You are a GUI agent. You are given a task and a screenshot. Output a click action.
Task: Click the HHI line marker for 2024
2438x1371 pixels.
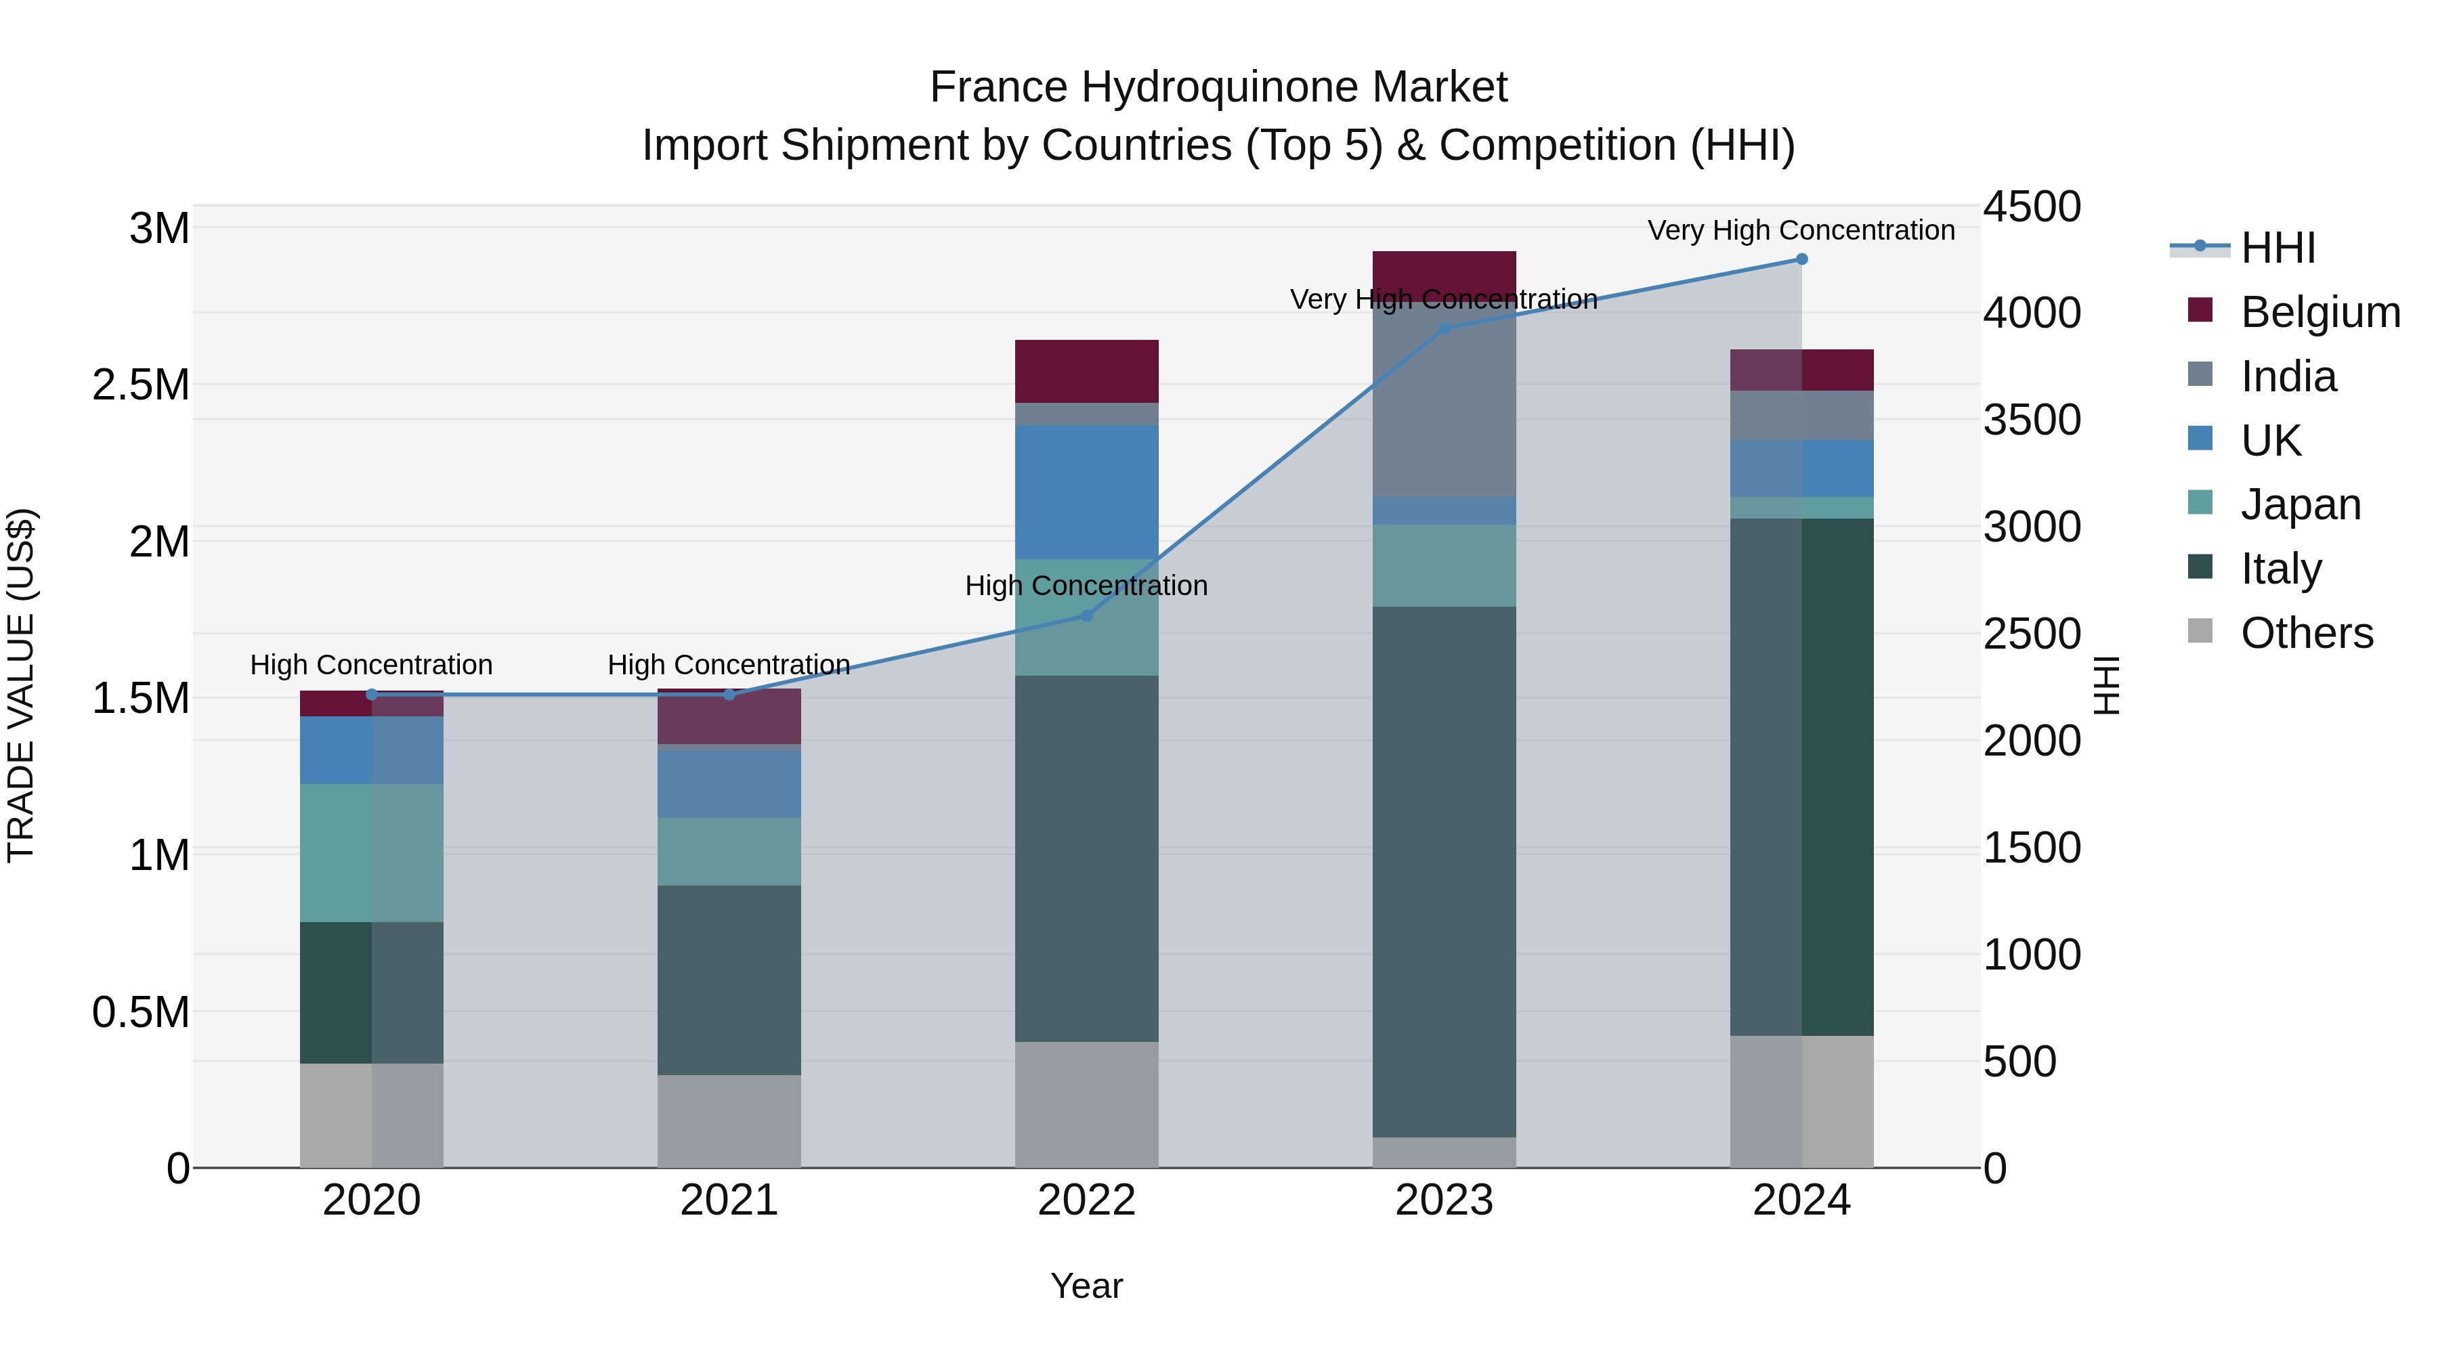[1801, 259]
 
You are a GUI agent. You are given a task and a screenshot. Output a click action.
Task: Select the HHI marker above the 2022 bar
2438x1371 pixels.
[1086, 616]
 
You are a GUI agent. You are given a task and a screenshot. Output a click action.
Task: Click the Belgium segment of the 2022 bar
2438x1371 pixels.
[1086, 371]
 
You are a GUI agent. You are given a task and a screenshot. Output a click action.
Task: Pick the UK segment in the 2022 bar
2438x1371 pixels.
[1086, 492]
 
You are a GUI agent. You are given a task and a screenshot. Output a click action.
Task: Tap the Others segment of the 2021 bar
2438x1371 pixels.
[729, 1120]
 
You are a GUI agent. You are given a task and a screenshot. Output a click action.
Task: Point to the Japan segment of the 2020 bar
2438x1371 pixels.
[371, 852]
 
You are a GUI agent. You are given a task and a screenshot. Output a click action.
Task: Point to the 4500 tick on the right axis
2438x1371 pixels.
[2032, 206]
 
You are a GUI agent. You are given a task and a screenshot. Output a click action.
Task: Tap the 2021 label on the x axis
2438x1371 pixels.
[729, 1200]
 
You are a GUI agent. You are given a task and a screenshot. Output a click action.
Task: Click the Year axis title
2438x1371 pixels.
[1086, 1286]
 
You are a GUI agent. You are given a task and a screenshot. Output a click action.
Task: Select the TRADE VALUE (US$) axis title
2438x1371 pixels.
[22, 685]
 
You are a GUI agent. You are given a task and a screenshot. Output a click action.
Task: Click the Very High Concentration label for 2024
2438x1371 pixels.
[1801, 230]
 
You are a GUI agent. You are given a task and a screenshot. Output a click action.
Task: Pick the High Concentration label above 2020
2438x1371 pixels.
[371, 665]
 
